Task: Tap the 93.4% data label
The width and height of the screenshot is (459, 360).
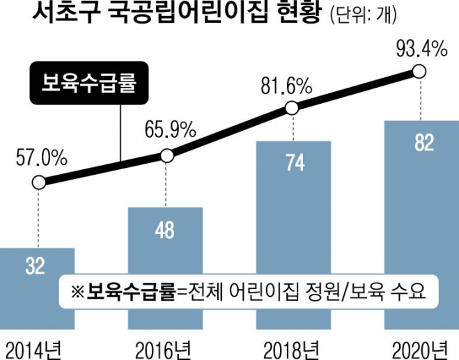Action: point(419,49)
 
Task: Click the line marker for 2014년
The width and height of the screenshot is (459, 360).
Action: point(39,183)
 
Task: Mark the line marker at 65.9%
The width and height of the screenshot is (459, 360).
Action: point(166,155)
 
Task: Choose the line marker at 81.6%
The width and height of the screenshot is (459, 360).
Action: point(293,108)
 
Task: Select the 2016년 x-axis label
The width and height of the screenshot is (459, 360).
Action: point(165,347)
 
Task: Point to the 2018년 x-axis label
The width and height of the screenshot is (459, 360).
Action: point(292,347)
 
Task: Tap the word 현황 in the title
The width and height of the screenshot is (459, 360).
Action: point(286,15)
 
